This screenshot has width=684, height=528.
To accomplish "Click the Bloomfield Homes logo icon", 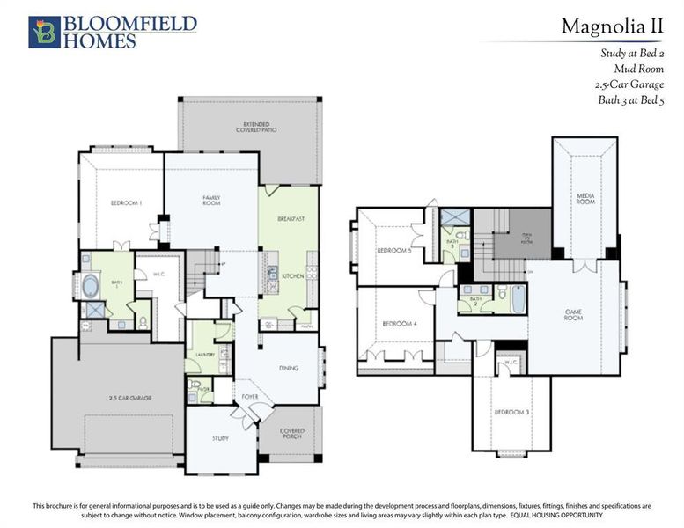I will (x=44, y=31).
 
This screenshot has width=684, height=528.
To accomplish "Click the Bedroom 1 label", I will (x=127, y=203).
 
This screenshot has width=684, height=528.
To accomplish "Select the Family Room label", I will (x=211, y=200).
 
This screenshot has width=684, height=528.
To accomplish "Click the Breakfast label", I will (x=291, y=218).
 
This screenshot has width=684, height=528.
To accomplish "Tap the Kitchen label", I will (x=294, y=276).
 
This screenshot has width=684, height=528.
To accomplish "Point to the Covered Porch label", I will (x=292, y=434).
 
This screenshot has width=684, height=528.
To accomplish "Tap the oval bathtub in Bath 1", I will (x=92, y=287).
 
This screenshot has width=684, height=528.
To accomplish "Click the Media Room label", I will (x=586, y=199).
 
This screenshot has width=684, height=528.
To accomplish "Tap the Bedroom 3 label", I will (x=510, y=412).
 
